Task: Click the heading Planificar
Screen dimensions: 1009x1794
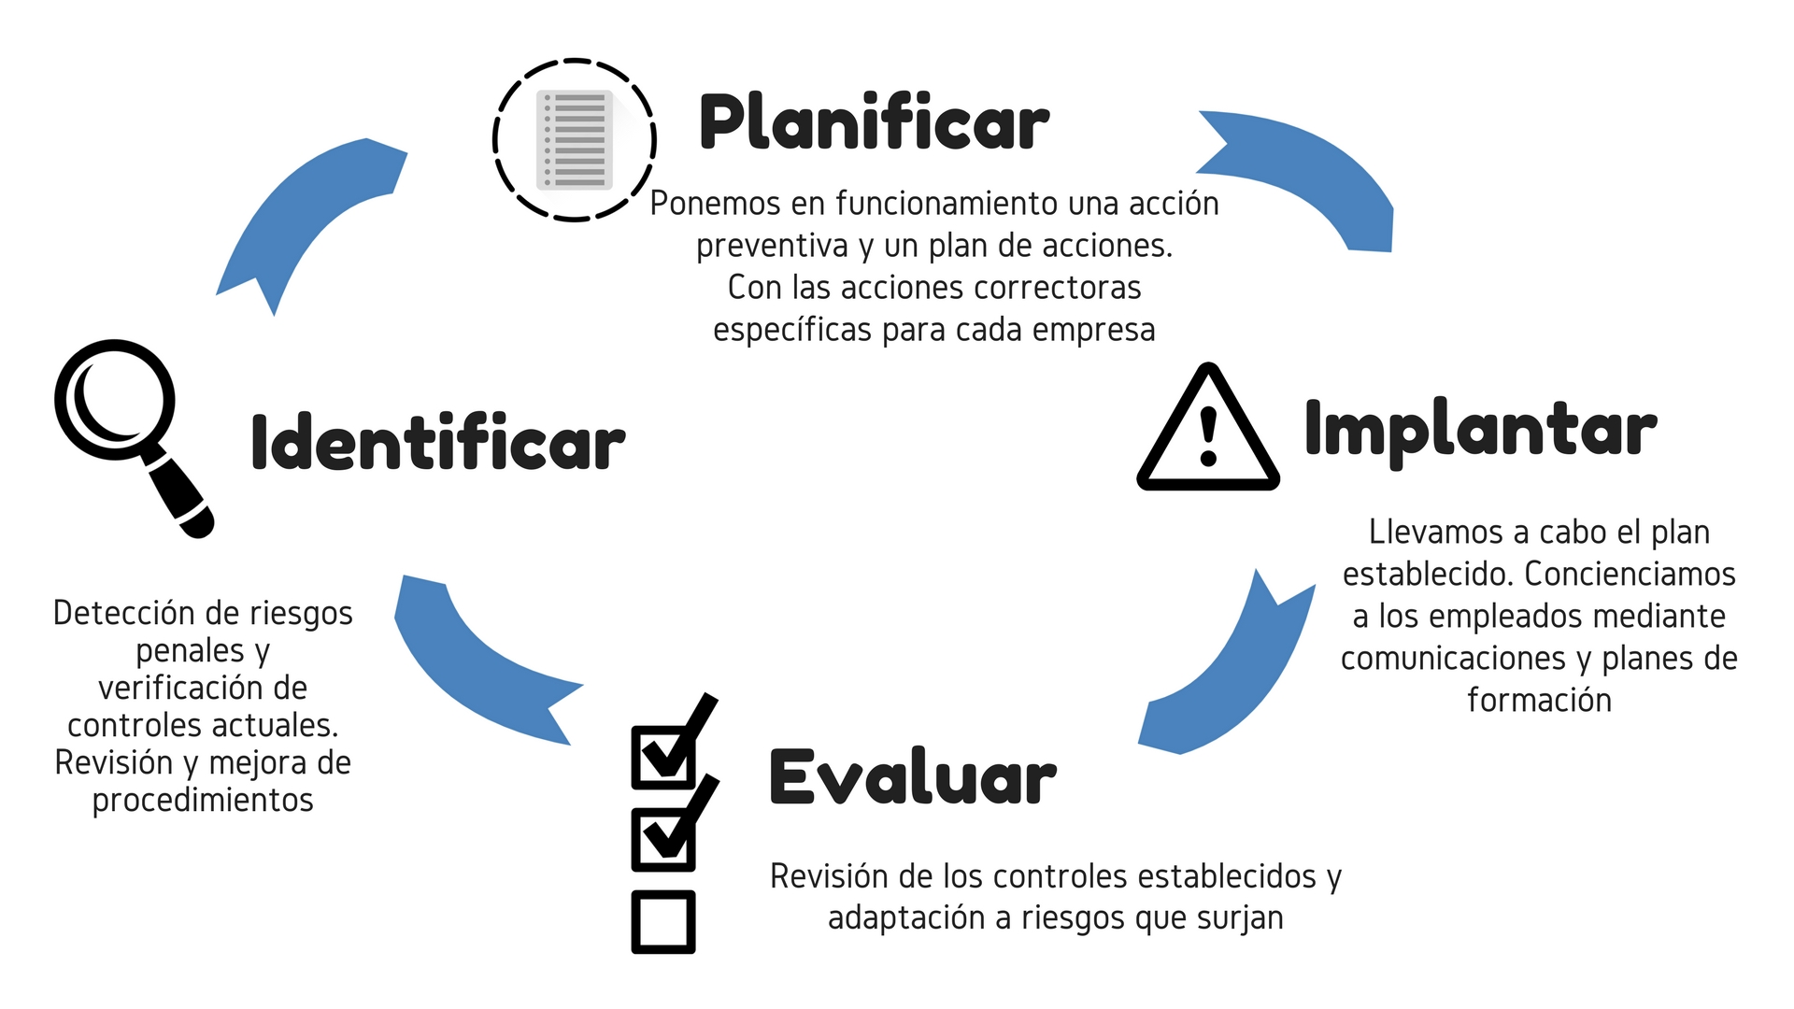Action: point(874,123)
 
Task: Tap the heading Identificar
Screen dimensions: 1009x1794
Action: point(437,443)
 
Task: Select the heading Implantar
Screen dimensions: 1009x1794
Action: point(1480,430)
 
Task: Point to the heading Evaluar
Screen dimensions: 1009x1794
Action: point(912,777)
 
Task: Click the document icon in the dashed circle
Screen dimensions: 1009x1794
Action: point(575,140)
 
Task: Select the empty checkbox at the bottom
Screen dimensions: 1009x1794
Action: point(663,922)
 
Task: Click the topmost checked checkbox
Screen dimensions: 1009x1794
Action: point(665,753)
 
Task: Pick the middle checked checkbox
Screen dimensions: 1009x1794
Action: point(665,836)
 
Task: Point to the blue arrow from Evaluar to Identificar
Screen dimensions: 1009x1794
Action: point(477,668)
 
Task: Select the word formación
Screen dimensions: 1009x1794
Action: point(1539,700)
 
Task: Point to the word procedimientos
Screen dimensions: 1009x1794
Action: point(203,801)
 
